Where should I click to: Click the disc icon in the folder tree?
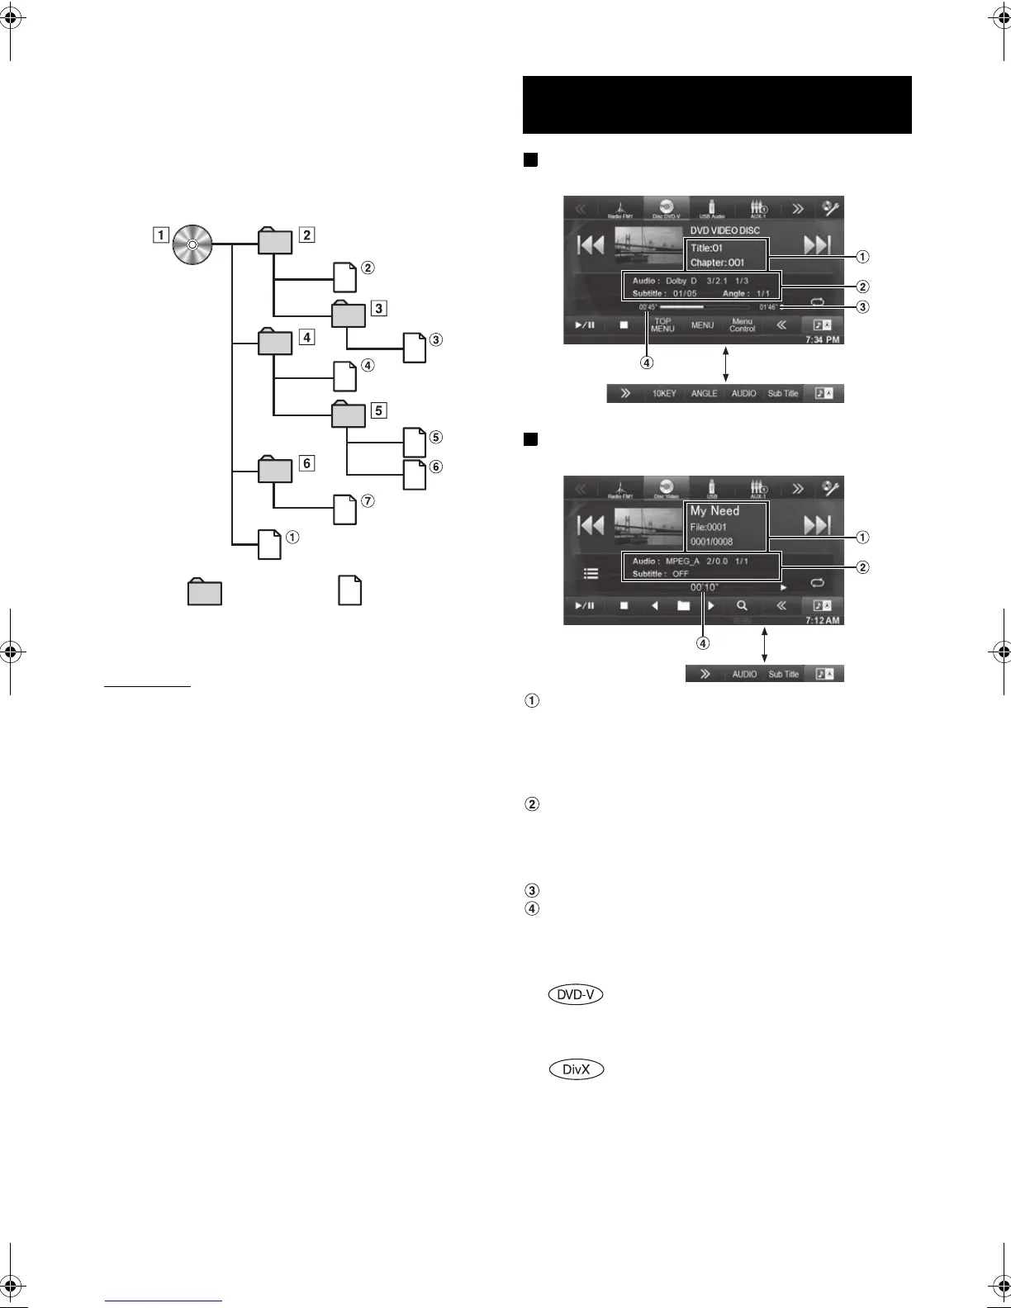click(x=192, y=244)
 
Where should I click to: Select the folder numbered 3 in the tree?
click(x=347, y=316)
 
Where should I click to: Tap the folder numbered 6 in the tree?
click(x=274, y=470)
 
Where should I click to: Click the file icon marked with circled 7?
click(x=345, y=509)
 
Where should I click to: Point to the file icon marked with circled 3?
click(x=415, y=348)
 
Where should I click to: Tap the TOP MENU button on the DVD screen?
click(x=662, y=325)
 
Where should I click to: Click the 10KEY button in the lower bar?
click(x=664, y=394)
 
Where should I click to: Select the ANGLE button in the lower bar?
click(x=704, y=394)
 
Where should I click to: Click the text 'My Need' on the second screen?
click(x=714, y=511)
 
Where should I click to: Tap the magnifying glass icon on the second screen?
click(x=742, y=605)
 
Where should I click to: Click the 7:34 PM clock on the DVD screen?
click(x=822, y=339)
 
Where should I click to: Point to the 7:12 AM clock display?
click(x=822, y=620)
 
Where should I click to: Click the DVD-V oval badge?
click(x=576, y=995)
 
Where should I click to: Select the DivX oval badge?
click(x=576, y=1069)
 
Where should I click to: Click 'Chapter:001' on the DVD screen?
click(x=717, y=263)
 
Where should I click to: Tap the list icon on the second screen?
click(x=591, y=573)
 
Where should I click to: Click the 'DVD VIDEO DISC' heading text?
click(x=724, y=231)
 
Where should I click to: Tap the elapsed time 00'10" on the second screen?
click(x=705, y=587)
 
